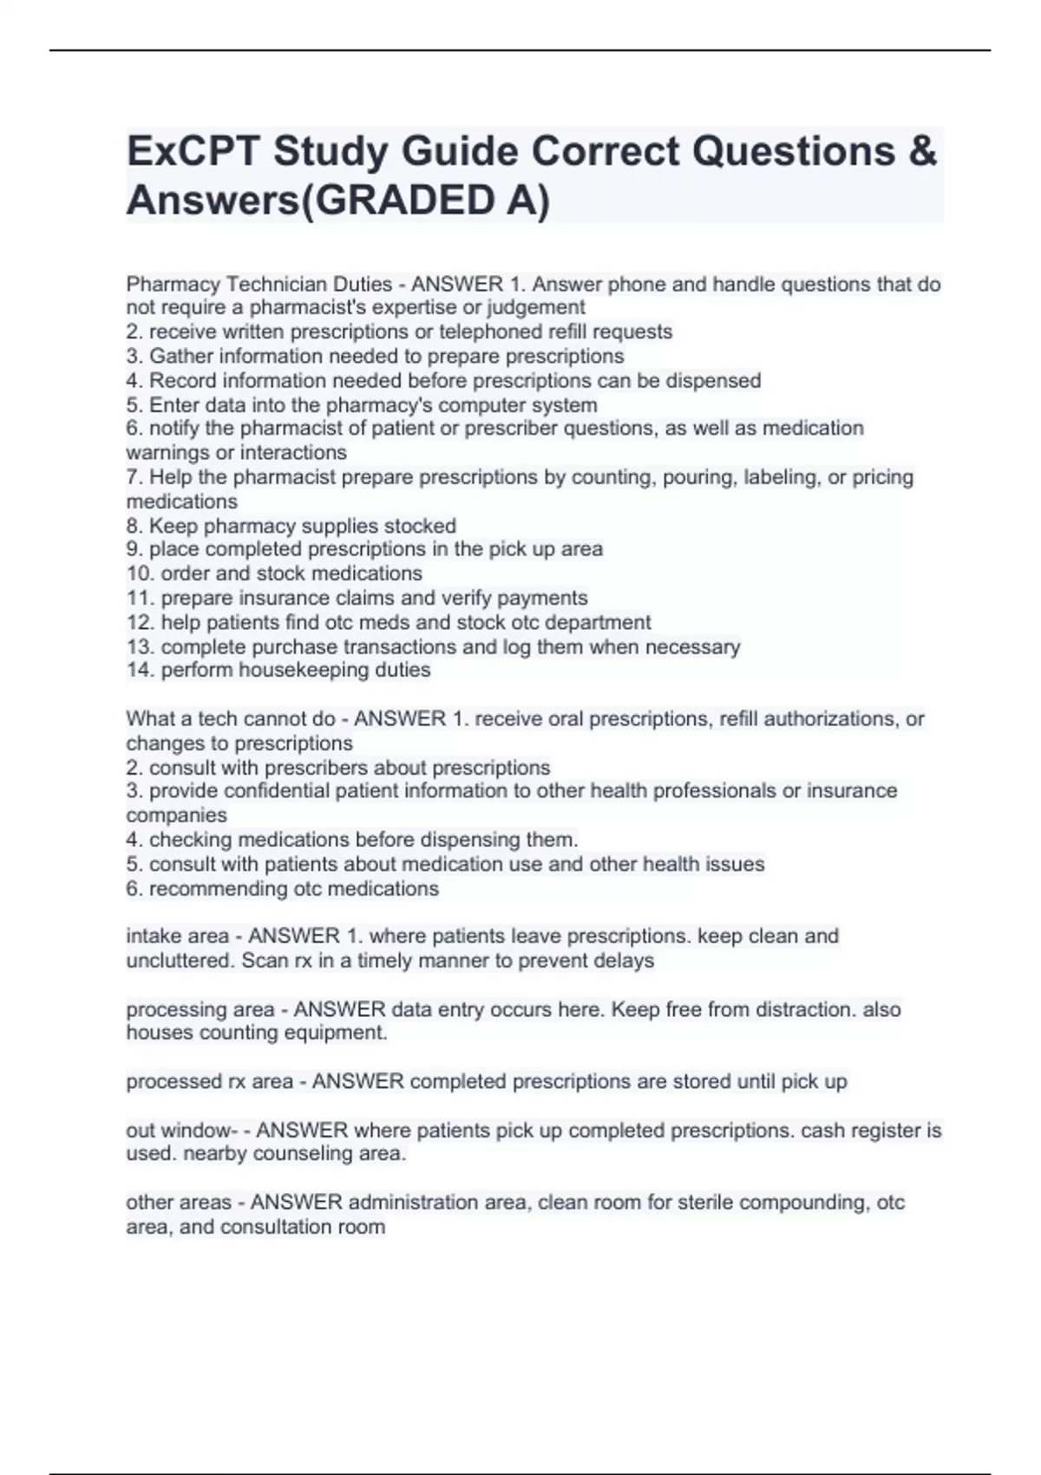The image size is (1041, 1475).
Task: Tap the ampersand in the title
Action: pos(925,152)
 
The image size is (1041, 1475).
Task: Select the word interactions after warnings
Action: pos(293,453)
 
